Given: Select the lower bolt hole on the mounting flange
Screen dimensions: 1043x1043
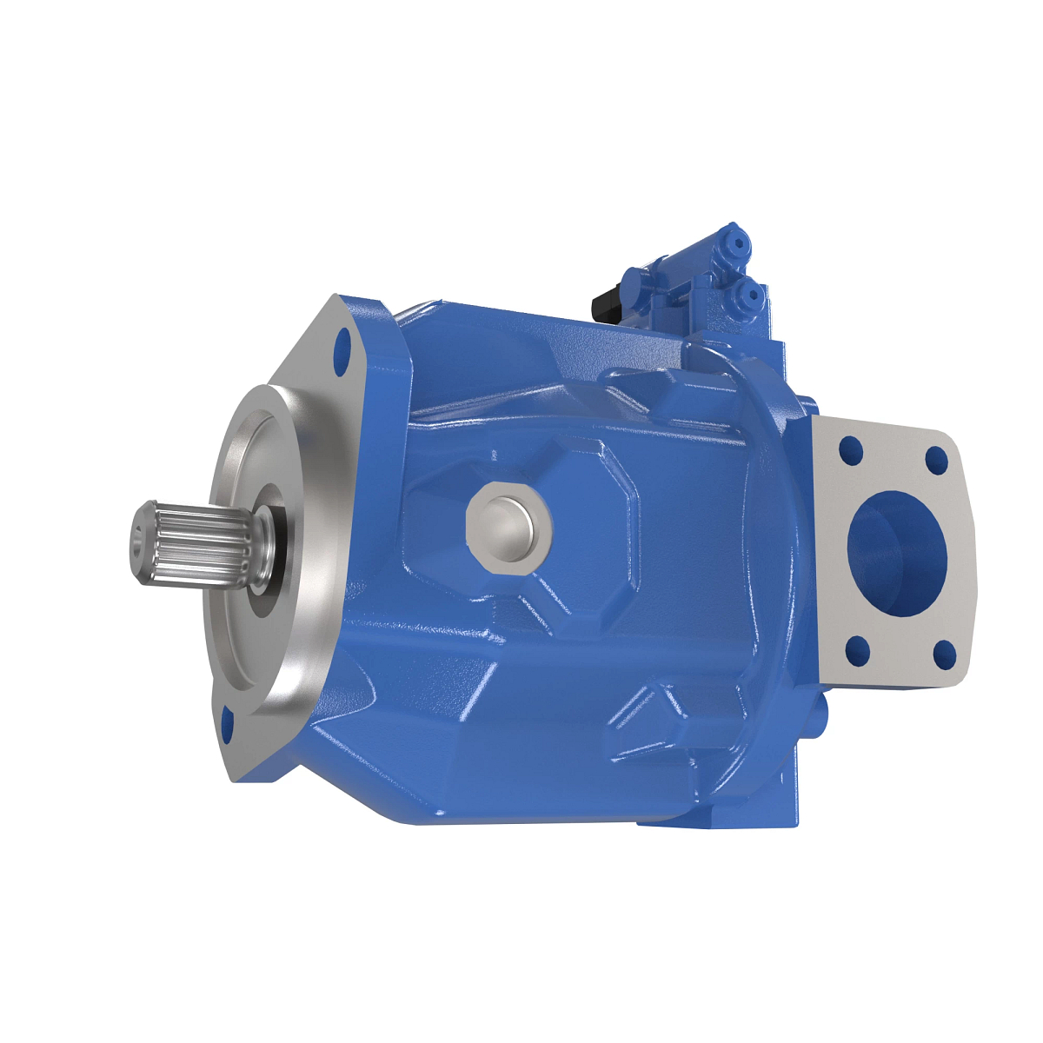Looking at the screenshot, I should (229, 725).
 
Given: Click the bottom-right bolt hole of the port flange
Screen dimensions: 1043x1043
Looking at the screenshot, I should (945, 654).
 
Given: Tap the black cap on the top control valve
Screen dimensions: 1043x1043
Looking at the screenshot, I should (604, 304).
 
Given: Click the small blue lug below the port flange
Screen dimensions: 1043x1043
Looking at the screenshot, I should (820, 713).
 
